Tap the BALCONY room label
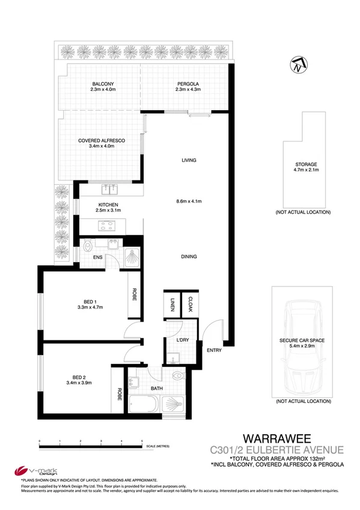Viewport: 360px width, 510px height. (x=103, y=83)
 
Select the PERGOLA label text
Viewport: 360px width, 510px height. (x=188, y=83)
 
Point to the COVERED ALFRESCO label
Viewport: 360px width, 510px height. (x=101, y=140)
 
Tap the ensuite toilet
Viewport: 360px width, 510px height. (x=89, y=245)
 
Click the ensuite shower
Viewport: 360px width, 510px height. (x=132, y=257)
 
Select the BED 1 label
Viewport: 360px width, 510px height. (x=91, y=303)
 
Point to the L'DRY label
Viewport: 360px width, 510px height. (x=184, y=342)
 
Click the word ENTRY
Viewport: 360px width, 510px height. (x=213, y=351)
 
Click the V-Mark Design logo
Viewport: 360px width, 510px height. (x=26, y=471)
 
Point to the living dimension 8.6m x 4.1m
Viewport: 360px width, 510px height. (x=190, y=201)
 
